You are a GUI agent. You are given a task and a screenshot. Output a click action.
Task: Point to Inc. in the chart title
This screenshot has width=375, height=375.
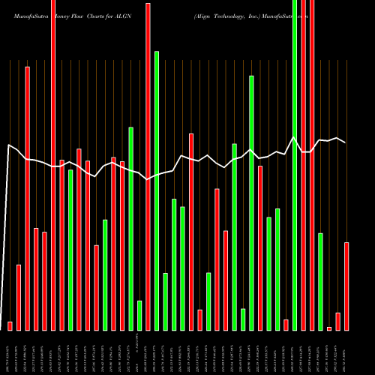click(259, 15)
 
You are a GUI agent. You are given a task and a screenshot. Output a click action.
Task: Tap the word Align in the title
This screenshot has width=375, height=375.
click(202, 15)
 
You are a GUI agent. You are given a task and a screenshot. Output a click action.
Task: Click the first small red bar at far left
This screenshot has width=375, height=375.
click(10, 325)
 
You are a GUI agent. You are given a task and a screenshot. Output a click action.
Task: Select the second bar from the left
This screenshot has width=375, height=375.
click(19, 297)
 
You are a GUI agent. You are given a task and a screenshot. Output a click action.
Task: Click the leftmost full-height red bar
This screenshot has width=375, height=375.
click(53, 165)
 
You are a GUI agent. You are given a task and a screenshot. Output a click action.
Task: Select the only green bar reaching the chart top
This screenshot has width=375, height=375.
click(295, 165)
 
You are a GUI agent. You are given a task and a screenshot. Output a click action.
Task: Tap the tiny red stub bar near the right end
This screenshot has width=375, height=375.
click(329, 328)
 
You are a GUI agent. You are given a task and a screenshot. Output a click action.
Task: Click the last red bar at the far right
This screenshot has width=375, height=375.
click(346, 286)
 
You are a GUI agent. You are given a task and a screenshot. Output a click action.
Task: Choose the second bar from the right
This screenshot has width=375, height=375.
click(337, 321)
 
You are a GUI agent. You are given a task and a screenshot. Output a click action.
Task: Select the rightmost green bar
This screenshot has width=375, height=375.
click(320, 281)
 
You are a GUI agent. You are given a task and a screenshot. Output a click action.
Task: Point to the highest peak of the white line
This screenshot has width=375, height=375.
click(295, 137)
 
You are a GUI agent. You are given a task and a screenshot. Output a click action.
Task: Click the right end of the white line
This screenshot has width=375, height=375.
click(346, 142)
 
